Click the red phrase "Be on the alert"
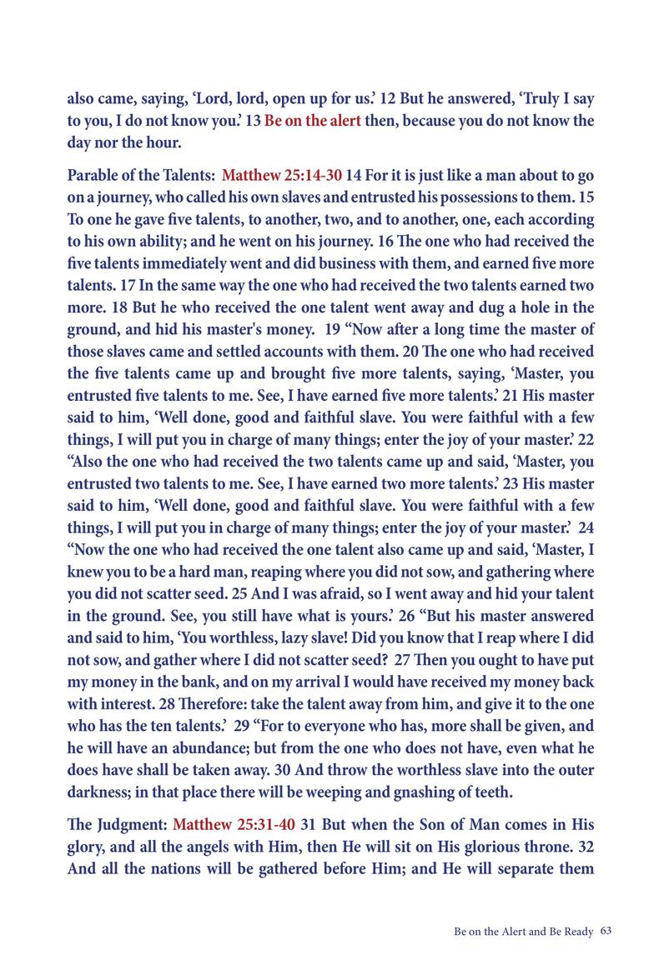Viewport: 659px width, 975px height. (313, 120)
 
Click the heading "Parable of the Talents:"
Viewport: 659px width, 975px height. (140, 177)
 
